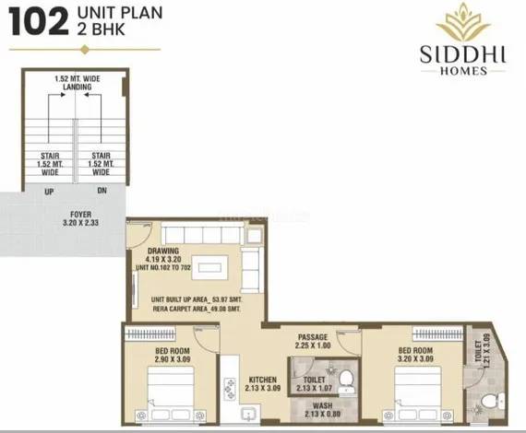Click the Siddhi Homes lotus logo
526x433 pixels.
pos(462,24)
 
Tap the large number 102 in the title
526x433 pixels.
pos(38,23)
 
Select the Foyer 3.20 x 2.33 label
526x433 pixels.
pos(81,218)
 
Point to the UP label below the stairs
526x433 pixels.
pos(49,192)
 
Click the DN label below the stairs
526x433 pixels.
pos(102,191)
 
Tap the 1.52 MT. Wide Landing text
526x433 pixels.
pos(78,83)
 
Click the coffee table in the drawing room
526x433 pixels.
pos(210,267)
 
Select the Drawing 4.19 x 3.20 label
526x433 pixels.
pos(163,255)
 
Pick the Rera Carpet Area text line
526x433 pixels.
pos(197,309)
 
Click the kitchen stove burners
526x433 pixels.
pos(230,389)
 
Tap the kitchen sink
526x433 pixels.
pos(250,414)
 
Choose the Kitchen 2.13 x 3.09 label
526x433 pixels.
pos(263,384)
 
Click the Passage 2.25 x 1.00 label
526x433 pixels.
pos(313,341)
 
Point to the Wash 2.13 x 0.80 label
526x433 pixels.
pos(322,410)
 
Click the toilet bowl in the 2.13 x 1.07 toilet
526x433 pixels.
pos(346,380)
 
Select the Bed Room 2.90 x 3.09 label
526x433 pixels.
pos(173,355)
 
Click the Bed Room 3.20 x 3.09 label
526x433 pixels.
pos(415,355)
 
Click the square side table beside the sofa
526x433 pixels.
pos(255,236)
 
